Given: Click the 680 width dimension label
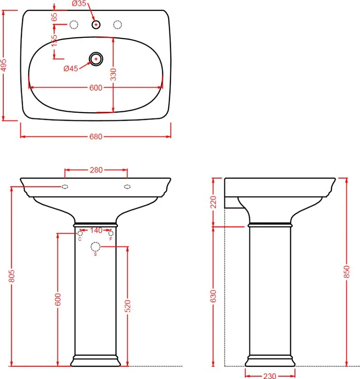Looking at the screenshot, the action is coord(96,136).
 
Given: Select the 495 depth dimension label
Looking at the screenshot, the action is coord(4,65).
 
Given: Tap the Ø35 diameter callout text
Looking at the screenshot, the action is coord(79,3).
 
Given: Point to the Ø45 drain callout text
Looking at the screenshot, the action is coord(71,68).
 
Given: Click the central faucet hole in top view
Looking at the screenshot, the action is coord(96,25).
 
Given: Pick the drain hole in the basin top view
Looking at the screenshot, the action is coord(96,59).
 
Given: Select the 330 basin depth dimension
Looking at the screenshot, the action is coord(113,74).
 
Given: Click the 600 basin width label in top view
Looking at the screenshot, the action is coord(96,88).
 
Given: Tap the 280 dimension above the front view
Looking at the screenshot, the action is coord(96,170).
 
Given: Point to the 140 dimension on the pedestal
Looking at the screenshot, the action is coord(96,230).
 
